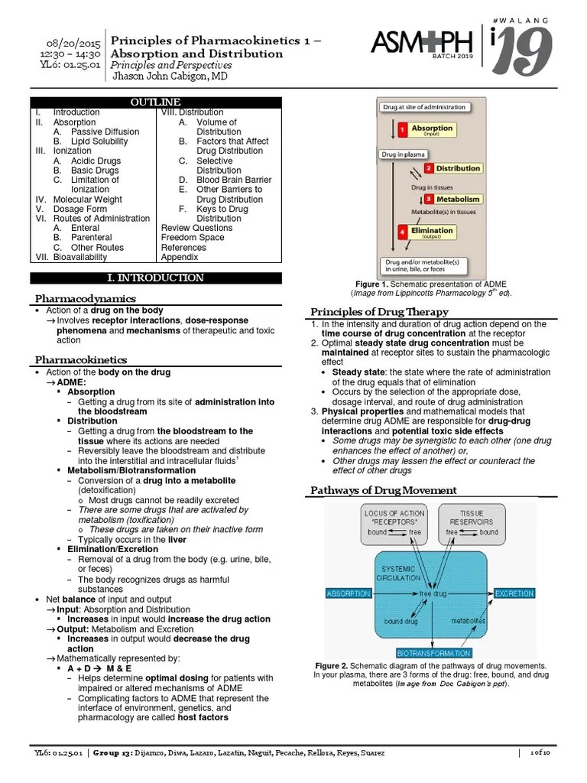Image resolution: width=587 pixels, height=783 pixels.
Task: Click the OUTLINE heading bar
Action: [x=156, y=102]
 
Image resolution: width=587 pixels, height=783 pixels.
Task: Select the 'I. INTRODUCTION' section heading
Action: [x=156, y=278]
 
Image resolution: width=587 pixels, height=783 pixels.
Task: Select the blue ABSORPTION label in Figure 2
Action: [x=349, y=593]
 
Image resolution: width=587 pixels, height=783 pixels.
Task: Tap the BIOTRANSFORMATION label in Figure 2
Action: [x=434, y=653]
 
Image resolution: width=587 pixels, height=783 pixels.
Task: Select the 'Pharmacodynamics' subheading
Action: [x=86, y=298]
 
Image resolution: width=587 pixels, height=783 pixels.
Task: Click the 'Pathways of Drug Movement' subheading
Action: [x=384, y=490]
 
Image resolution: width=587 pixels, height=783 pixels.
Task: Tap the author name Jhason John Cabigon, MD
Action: [x=170, y=76]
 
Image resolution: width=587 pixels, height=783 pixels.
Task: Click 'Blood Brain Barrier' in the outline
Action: [x=234, y=180]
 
